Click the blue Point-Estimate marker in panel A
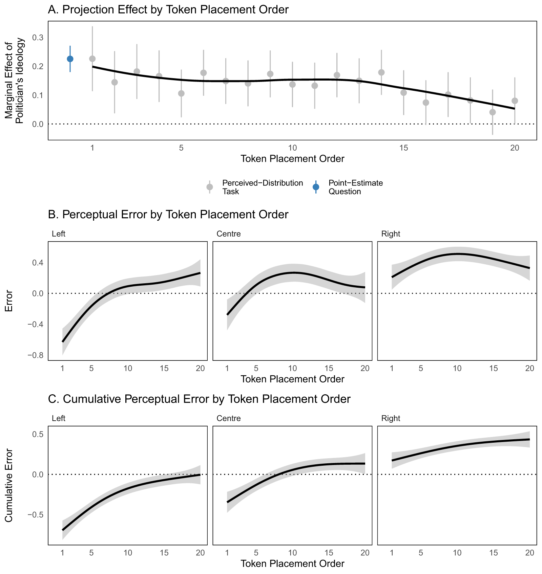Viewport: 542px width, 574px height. coord(70,59)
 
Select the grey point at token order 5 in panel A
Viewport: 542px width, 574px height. coord(181,93)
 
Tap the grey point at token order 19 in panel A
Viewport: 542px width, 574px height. coord(493,112)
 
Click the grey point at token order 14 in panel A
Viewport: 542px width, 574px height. coord(381,72)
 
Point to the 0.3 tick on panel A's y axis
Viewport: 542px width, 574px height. coord(38,38)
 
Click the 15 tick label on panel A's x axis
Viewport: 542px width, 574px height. coord(403,148)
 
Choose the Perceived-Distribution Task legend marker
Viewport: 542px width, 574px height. coord(210,187)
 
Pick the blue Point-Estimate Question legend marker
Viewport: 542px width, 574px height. coord(316,187)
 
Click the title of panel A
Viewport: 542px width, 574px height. coord(168,9)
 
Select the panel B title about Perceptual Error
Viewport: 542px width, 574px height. coord(168,214)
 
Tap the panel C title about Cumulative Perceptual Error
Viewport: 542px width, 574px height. coord(199,399)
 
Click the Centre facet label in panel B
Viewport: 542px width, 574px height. coord(229,234)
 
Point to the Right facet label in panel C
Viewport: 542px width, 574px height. coord(391,418)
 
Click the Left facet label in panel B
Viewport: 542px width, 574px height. coord(59,234)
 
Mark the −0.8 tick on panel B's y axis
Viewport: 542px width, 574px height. coord(36,355)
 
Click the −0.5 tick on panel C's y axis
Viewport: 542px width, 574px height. coord(36,515)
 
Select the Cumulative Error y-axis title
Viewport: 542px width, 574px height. coord(9,485)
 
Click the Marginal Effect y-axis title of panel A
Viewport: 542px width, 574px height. coord(14,81)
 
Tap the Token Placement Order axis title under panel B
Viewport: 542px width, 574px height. coord(292,379)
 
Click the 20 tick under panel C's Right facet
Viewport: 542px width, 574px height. coord(529,553)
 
